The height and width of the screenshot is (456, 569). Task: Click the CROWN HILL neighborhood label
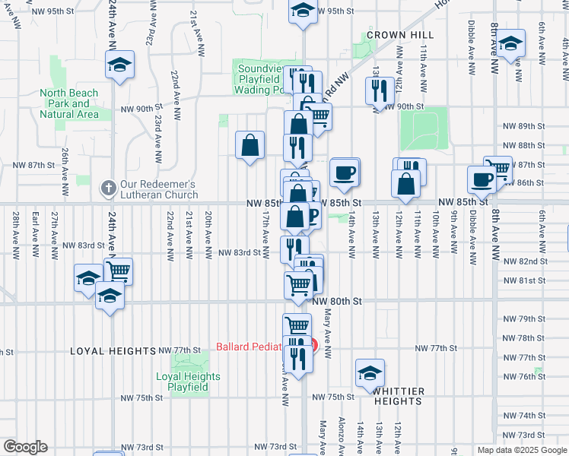pyautogui.click(x=400, y=35)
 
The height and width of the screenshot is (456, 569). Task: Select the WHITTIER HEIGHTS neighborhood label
pyautogui.click(x=397, y=395)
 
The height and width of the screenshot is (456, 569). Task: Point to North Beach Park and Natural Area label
pyautogui.click(x=69, y=103)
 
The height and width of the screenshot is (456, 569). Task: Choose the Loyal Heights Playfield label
pyautogui.click(x=188, y=382)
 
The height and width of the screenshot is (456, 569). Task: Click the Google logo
pyautogui.click(x=25, y=447)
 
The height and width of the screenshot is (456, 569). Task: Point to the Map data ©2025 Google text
pyautogui.click(x=521, y=450)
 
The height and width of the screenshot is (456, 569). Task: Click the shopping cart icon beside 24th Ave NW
pyautogui.click(x=118, y=271)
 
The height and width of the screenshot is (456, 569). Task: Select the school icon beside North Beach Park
pyautogui.click(x=119, y=65)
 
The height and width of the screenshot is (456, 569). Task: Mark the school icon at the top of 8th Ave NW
pyautogui.click(x=511, y=44)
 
